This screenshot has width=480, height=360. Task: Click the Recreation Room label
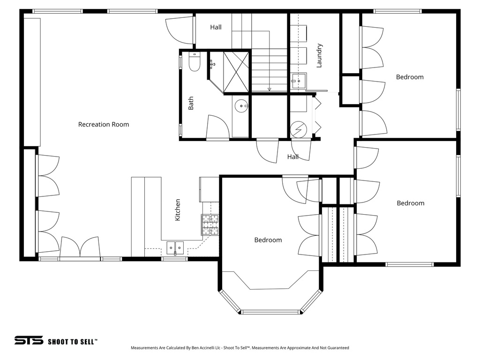[103, 124]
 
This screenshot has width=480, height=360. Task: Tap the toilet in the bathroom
[194, 62]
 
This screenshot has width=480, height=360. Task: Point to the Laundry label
[319, 55]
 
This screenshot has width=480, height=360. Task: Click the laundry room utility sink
[298, 81]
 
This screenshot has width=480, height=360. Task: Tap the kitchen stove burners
[210, 224]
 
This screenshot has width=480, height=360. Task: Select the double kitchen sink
[175, 247]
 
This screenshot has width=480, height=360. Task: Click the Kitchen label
[178, 210]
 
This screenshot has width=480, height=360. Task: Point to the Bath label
[191, 103]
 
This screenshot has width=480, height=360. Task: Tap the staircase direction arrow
[270, 88]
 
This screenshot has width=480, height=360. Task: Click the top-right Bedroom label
[410, 77]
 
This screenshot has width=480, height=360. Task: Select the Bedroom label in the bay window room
[268, 240]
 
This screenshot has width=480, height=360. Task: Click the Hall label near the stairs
[216, 27]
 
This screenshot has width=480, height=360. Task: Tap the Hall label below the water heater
[293, 157]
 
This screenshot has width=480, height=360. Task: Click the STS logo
[29, 340]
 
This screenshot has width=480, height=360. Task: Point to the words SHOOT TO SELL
[73, 342]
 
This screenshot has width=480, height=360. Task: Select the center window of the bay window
[270, 312]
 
